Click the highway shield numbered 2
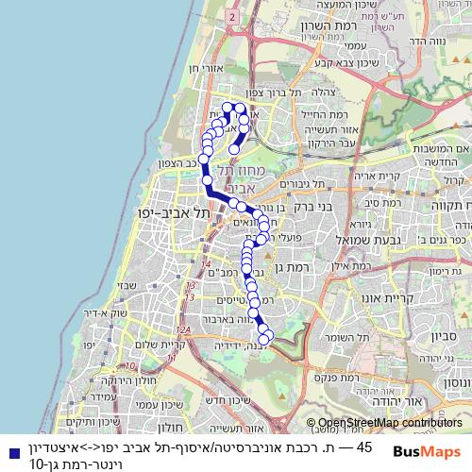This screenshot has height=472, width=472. (x=231, y=16)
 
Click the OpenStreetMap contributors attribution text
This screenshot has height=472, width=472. (x=391, y=424)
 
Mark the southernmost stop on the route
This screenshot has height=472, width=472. (x=267, y=335)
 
